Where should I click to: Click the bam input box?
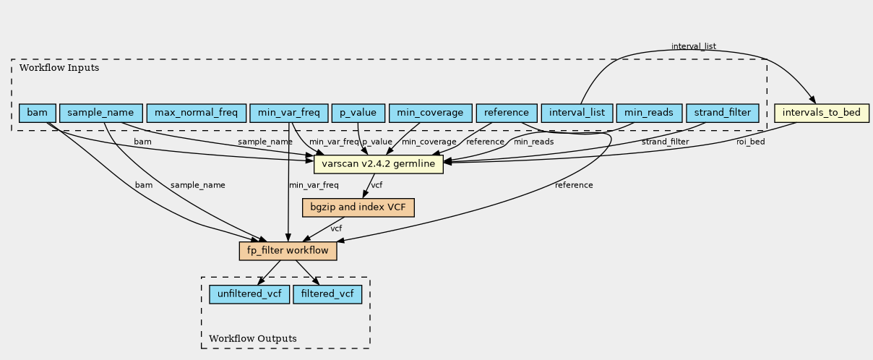[38, 113]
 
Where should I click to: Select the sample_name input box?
[101, 113]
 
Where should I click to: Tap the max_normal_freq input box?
[197, 113]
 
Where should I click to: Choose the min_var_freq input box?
[289, 113]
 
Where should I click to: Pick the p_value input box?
[358, 113]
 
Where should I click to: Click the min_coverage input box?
[430, 113]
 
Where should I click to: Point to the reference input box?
[507, 113]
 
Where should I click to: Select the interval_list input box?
[577, 113]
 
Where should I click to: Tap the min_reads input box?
[649, 113]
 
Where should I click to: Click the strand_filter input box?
[723, 113]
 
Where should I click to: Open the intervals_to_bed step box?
[822, 113]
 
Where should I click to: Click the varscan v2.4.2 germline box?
[379, 164]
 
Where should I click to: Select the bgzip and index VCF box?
[358, 207]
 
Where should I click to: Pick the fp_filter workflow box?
[288, 251]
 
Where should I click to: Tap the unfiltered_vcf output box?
[249, 294]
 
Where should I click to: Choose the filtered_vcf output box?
[327, 294]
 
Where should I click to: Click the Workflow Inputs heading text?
[59, 68]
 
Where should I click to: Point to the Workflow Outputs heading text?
[253, 338]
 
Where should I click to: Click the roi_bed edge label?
[751, 142]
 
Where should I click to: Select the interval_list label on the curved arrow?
[694, 46]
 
